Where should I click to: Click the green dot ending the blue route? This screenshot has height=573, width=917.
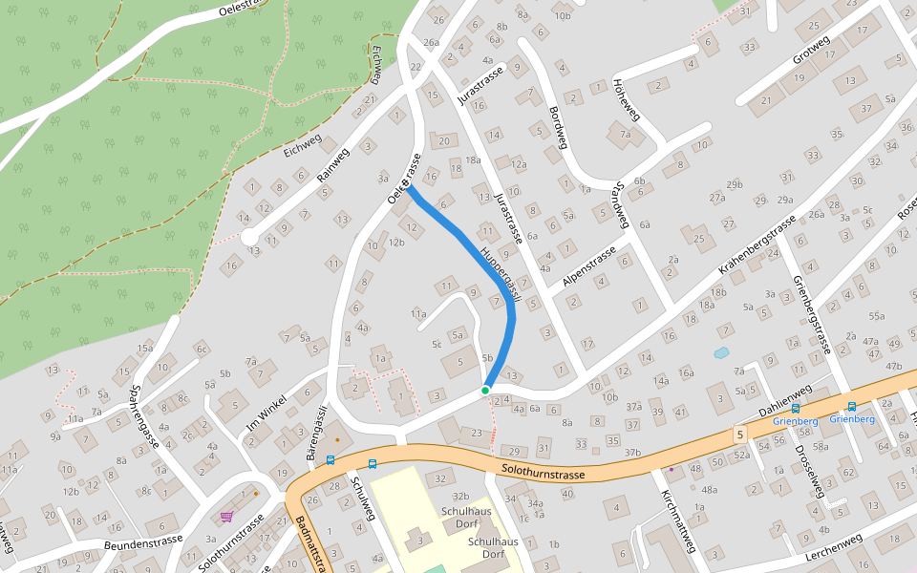pos(485,390)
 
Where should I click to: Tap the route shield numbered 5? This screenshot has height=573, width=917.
pos(740,435)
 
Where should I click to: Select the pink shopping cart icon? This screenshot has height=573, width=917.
pos(226,517)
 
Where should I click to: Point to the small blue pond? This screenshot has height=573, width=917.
pos(721,352)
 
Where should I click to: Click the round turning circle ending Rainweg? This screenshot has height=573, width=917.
pos(249,236)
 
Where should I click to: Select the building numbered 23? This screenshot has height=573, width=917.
pos(477,434)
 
